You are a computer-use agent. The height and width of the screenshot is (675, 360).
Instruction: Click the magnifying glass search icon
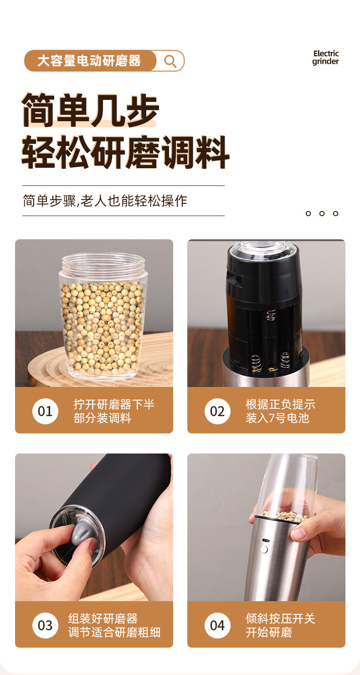pos(170,61)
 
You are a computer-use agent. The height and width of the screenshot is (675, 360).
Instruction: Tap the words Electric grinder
pos(325,57)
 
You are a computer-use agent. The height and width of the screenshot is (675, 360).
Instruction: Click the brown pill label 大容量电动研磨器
pos(90,61)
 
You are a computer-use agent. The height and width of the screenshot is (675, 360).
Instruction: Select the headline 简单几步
pos(90,110)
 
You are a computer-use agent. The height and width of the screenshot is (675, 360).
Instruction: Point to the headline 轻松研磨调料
pos(125,152)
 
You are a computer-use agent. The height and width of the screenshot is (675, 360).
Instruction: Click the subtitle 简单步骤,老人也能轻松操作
pos(105,201)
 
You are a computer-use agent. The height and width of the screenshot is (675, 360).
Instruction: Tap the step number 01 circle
pos(45,411)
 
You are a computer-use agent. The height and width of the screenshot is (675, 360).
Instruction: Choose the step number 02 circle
pos(217,411)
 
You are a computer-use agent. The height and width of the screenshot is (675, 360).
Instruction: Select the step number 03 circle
pos(45,625)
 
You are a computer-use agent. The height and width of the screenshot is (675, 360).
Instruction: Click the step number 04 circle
pos(217,625)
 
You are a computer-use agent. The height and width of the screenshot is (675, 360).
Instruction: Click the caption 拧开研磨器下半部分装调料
pos(114,411)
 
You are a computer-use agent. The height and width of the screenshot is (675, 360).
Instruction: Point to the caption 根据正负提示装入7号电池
pos(280,411)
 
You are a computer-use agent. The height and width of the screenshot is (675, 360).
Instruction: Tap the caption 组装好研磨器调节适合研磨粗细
pos(114,625)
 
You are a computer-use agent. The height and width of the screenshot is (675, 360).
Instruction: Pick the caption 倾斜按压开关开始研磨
pos(280,625)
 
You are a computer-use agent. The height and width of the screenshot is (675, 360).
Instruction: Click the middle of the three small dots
pos(322,213)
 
